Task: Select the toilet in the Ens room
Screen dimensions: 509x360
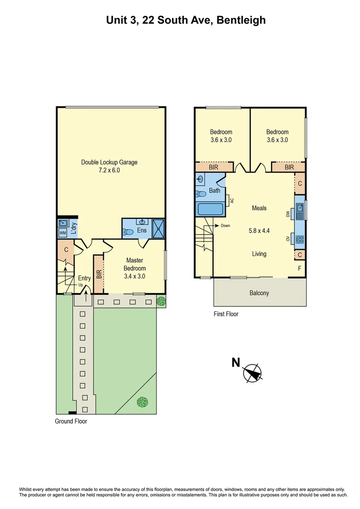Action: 128,231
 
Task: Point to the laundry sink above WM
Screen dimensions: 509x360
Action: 62,223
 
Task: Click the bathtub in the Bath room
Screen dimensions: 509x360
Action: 210,210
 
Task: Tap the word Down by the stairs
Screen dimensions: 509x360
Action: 225,226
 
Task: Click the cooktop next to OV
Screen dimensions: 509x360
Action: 300,239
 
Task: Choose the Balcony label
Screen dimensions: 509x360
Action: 259,293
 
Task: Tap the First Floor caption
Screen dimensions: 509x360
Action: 226,314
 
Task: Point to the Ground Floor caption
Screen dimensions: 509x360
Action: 71,421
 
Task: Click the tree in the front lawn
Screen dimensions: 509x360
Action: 142,402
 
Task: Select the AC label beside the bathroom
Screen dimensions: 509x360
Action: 232,200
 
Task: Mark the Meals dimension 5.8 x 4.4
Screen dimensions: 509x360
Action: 259,231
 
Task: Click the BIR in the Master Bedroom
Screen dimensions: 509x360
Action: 98,274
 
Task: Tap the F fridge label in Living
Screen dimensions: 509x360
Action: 300,269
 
